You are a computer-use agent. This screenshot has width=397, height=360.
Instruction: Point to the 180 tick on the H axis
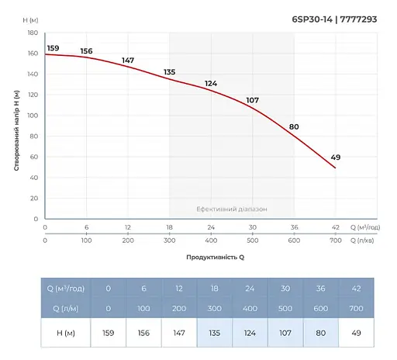[32, 33]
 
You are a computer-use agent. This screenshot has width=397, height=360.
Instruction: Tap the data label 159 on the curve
[53, 48]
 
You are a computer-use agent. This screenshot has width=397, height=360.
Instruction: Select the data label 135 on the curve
[170, 72]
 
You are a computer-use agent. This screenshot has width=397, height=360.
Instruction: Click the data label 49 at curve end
[335, 157]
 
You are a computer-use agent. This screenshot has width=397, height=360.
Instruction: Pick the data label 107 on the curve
[252, 99]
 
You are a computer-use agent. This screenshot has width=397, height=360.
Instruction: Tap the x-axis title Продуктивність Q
[215, 257]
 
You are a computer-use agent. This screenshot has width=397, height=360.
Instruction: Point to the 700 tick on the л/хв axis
[335, 241]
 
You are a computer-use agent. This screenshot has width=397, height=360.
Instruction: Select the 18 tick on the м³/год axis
[169, 227]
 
